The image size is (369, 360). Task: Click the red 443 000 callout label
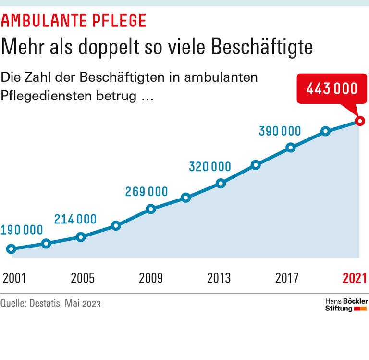pos(332,89)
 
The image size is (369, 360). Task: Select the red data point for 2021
pos(359,121)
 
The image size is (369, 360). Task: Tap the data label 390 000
pos(280,131)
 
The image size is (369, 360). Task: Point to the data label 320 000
pos(210,167)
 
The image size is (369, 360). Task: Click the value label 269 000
pos(147,192)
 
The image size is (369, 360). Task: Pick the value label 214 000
pos(75,220)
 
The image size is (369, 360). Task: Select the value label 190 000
pos(22,230)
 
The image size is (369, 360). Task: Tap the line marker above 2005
pos(81,237)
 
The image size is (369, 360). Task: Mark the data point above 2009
pos(151,209)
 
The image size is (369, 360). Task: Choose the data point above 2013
pos(221,183)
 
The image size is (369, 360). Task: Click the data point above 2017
pos(290,148)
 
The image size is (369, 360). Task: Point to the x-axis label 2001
pos(14,278)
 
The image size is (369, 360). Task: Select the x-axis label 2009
pos(151,278)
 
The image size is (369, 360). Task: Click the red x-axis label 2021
pos(355,278)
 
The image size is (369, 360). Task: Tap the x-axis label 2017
pos(287,278)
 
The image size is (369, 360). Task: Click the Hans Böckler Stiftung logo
pos(346,305)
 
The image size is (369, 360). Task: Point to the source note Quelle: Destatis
pos(50,304)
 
